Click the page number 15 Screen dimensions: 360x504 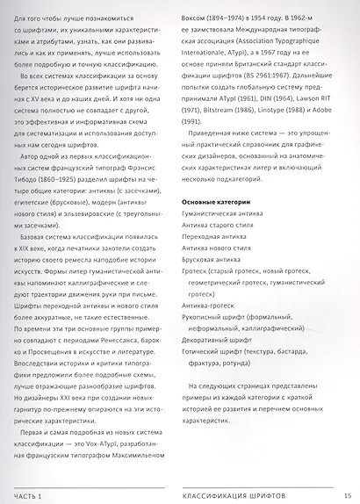click(348, 496)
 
